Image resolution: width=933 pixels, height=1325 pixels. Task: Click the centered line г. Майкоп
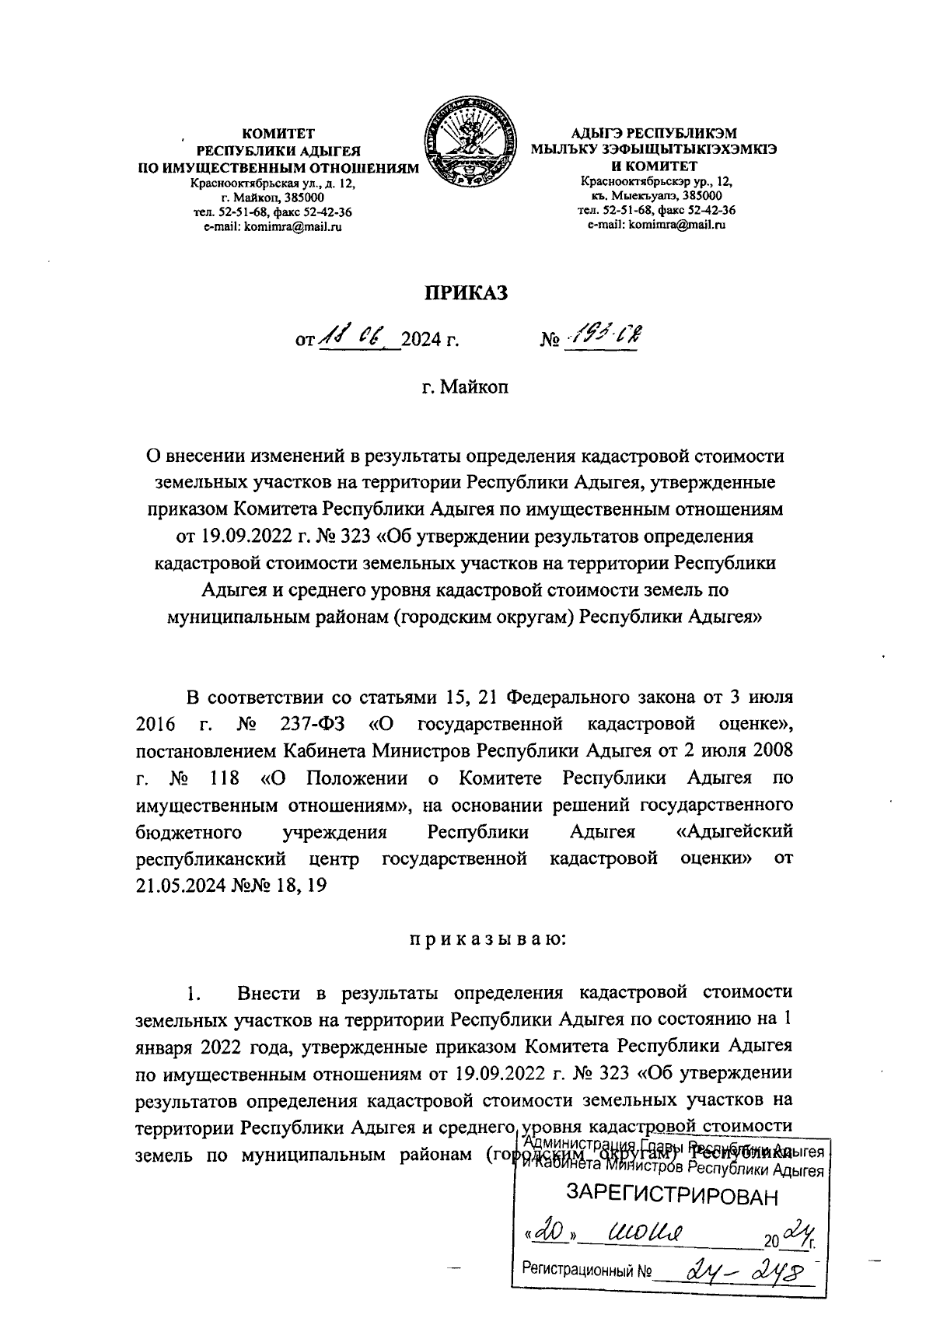tap(464, 386)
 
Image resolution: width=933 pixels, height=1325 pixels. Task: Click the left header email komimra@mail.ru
tap(272, 226)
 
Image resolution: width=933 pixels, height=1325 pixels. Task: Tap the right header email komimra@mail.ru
tap(656, 225)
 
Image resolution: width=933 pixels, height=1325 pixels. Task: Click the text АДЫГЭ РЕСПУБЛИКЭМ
tap(655, 134)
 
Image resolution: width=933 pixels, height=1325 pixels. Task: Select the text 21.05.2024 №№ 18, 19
tap(230, 886)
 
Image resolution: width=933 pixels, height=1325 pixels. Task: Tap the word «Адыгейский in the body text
tap(734, 831)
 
